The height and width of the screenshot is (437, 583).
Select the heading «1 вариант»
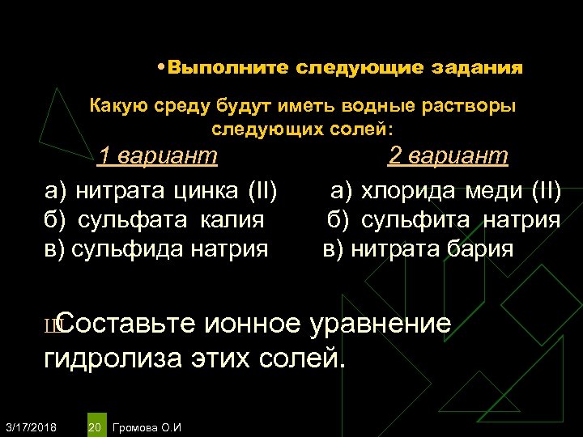157,155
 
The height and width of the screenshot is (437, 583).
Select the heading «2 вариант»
448,155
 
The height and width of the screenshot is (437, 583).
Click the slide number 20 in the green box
95,426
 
